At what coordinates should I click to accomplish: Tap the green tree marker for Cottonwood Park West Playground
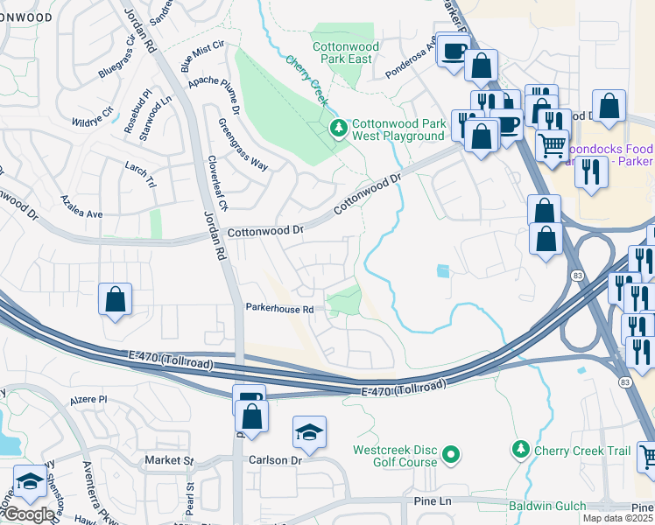pyautogui.click(x=338, y=129)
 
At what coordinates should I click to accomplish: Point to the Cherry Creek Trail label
pyautogui.click(x=583, y=450)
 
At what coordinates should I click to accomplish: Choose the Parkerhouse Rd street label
pyautogui.click(x=279, y=309)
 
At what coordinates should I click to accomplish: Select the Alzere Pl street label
pyautogui.click(x=89, y=398)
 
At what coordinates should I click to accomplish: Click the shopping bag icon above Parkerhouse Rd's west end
pyautogui.click(x=115, y=299)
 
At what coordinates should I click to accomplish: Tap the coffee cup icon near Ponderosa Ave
pyautogui.click(x=453, y=51)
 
